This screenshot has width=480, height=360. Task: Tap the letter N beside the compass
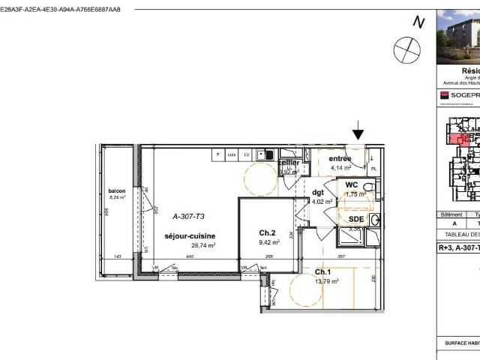[418, 22]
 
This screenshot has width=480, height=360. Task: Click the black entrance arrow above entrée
[358, 133]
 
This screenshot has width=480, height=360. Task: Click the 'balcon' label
[116, 191]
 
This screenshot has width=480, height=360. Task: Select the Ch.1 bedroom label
[324, 271]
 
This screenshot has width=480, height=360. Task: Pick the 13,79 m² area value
[326, 281]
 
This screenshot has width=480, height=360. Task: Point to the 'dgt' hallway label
[318, 192]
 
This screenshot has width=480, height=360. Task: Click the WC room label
[351, 184]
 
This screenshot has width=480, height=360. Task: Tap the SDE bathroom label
[355, 218]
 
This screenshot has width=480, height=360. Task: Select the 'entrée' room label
[339, 159]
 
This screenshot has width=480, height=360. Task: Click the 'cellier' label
[289, 163]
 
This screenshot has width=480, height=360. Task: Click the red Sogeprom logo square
[444, 95]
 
